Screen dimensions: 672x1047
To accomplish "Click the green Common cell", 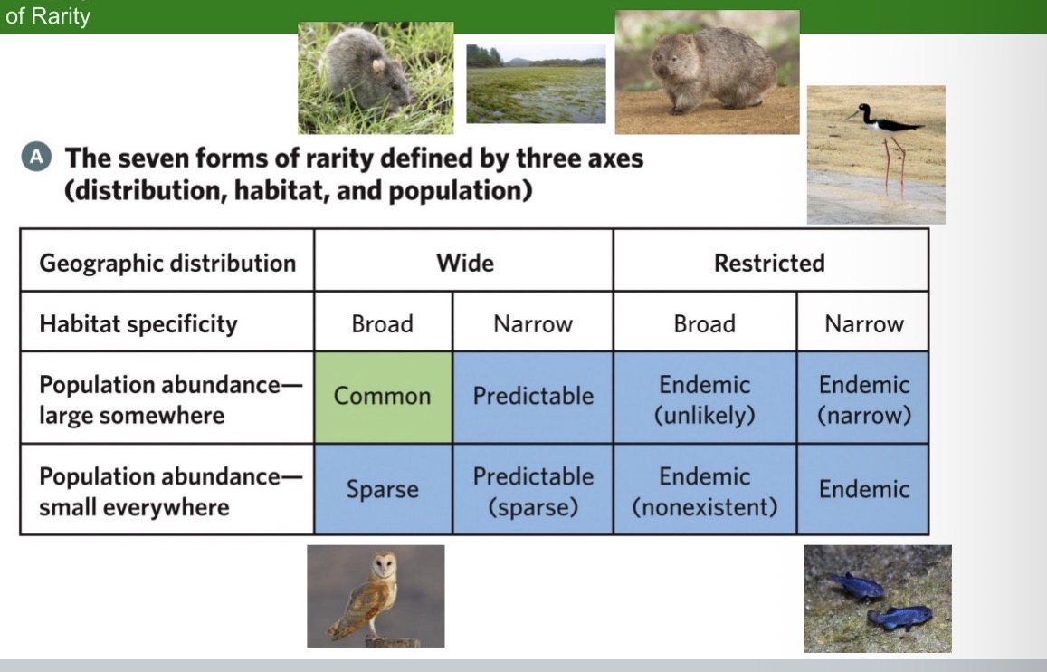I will (x=383, y=397).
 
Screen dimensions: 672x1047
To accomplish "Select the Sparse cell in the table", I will (x=383, y=489).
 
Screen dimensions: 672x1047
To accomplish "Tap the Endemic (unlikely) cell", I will (x=705, y=398).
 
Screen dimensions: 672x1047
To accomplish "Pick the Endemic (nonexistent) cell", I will (x=705, y=490).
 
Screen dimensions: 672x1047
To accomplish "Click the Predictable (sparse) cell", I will (x=533, y=490).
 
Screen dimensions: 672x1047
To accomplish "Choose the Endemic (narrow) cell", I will (x=863, y=398).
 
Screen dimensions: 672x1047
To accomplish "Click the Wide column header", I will (x=464, y=263).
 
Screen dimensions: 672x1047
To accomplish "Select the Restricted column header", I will (x=769, y=263).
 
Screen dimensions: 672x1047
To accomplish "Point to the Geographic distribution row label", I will (x=167, y=263).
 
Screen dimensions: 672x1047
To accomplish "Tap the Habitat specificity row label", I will (x=138, y=324).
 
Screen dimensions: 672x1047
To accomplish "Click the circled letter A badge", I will (x=35, y=157).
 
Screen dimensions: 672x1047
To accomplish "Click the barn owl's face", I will (x=385, y=569).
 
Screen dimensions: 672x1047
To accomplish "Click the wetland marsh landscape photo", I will (x=536, y=84).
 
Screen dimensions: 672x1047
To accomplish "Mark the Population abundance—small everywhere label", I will (x=167, y=490).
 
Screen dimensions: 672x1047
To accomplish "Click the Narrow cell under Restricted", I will (x=863, y=324).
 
